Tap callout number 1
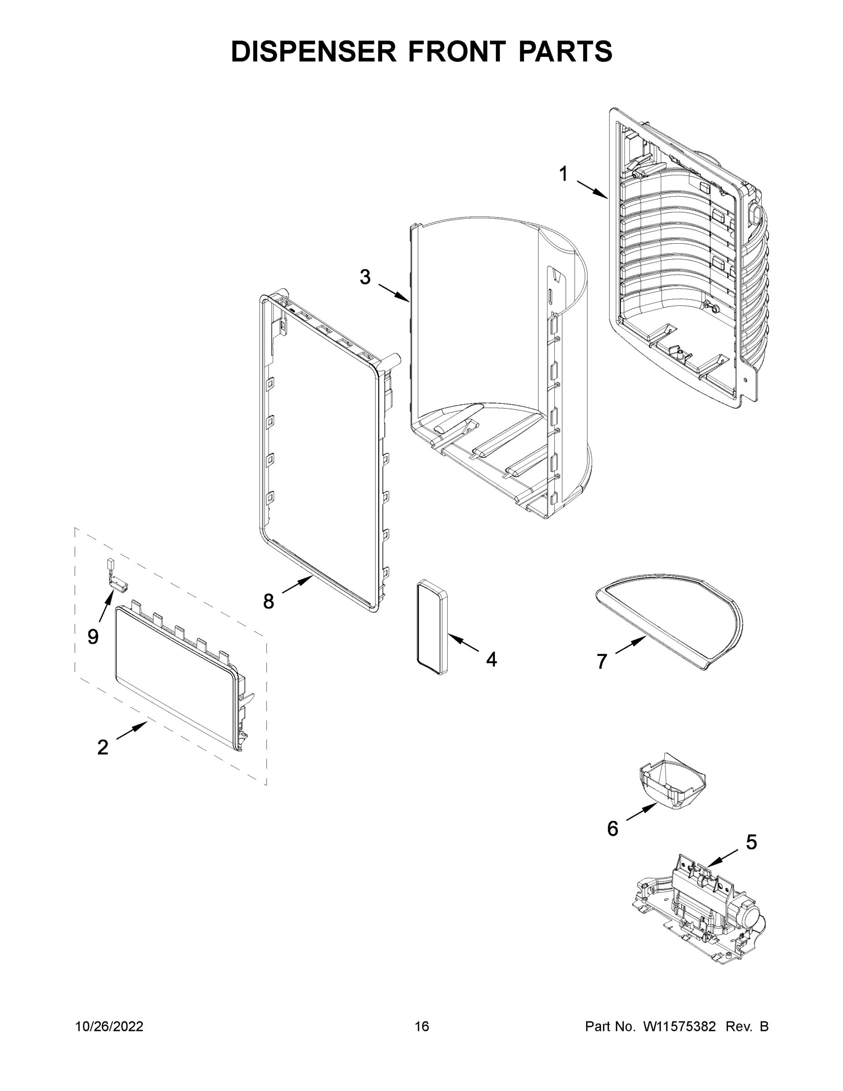[564, 175]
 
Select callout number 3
[365, 277]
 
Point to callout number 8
[269, 601]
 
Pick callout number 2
[102, 747]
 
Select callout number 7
[602, 661]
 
